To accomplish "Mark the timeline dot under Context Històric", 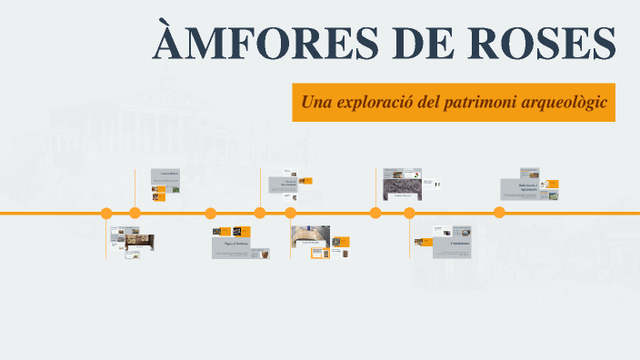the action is [135, 214].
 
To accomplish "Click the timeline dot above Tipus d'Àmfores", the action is [211, 214].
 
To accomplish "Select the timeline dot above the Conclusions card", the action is [409, 214].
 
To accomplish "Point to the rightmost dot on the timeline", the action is [499, 213].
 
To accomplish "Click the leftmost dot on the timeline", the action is [106, 214].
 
